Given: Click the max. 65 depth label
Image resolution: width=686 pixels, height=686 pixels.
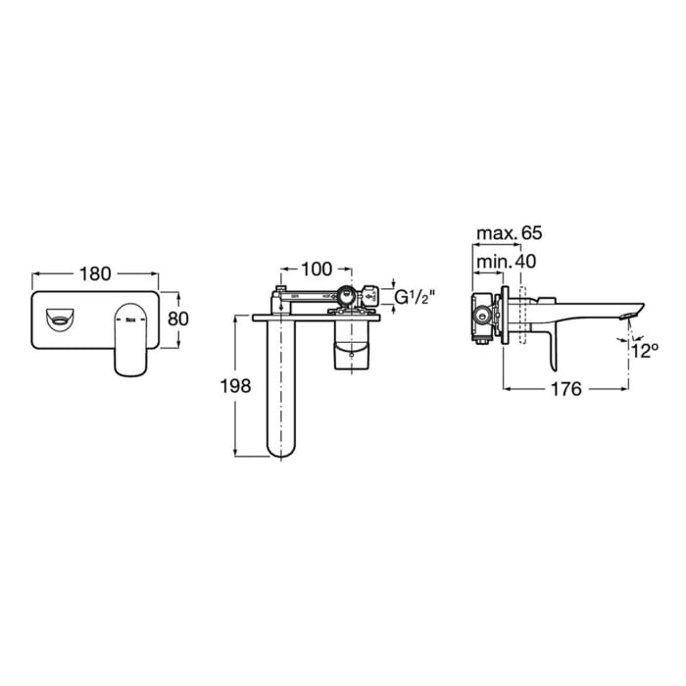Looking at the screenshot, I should (508, 233).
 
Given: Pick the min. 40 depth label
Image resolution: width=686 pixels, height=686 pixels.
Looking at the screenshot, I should (506, 262).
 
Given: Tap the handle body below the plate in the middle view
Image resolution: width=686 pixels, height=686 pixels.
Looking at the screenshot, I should (353, 348).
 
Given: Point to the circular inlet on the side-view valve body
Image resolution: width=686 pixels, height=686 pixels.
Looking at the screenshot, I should (481, 315).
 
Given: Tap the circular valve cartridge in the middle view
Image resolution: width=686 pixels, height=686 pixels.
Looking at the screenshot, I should (346, 294).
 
